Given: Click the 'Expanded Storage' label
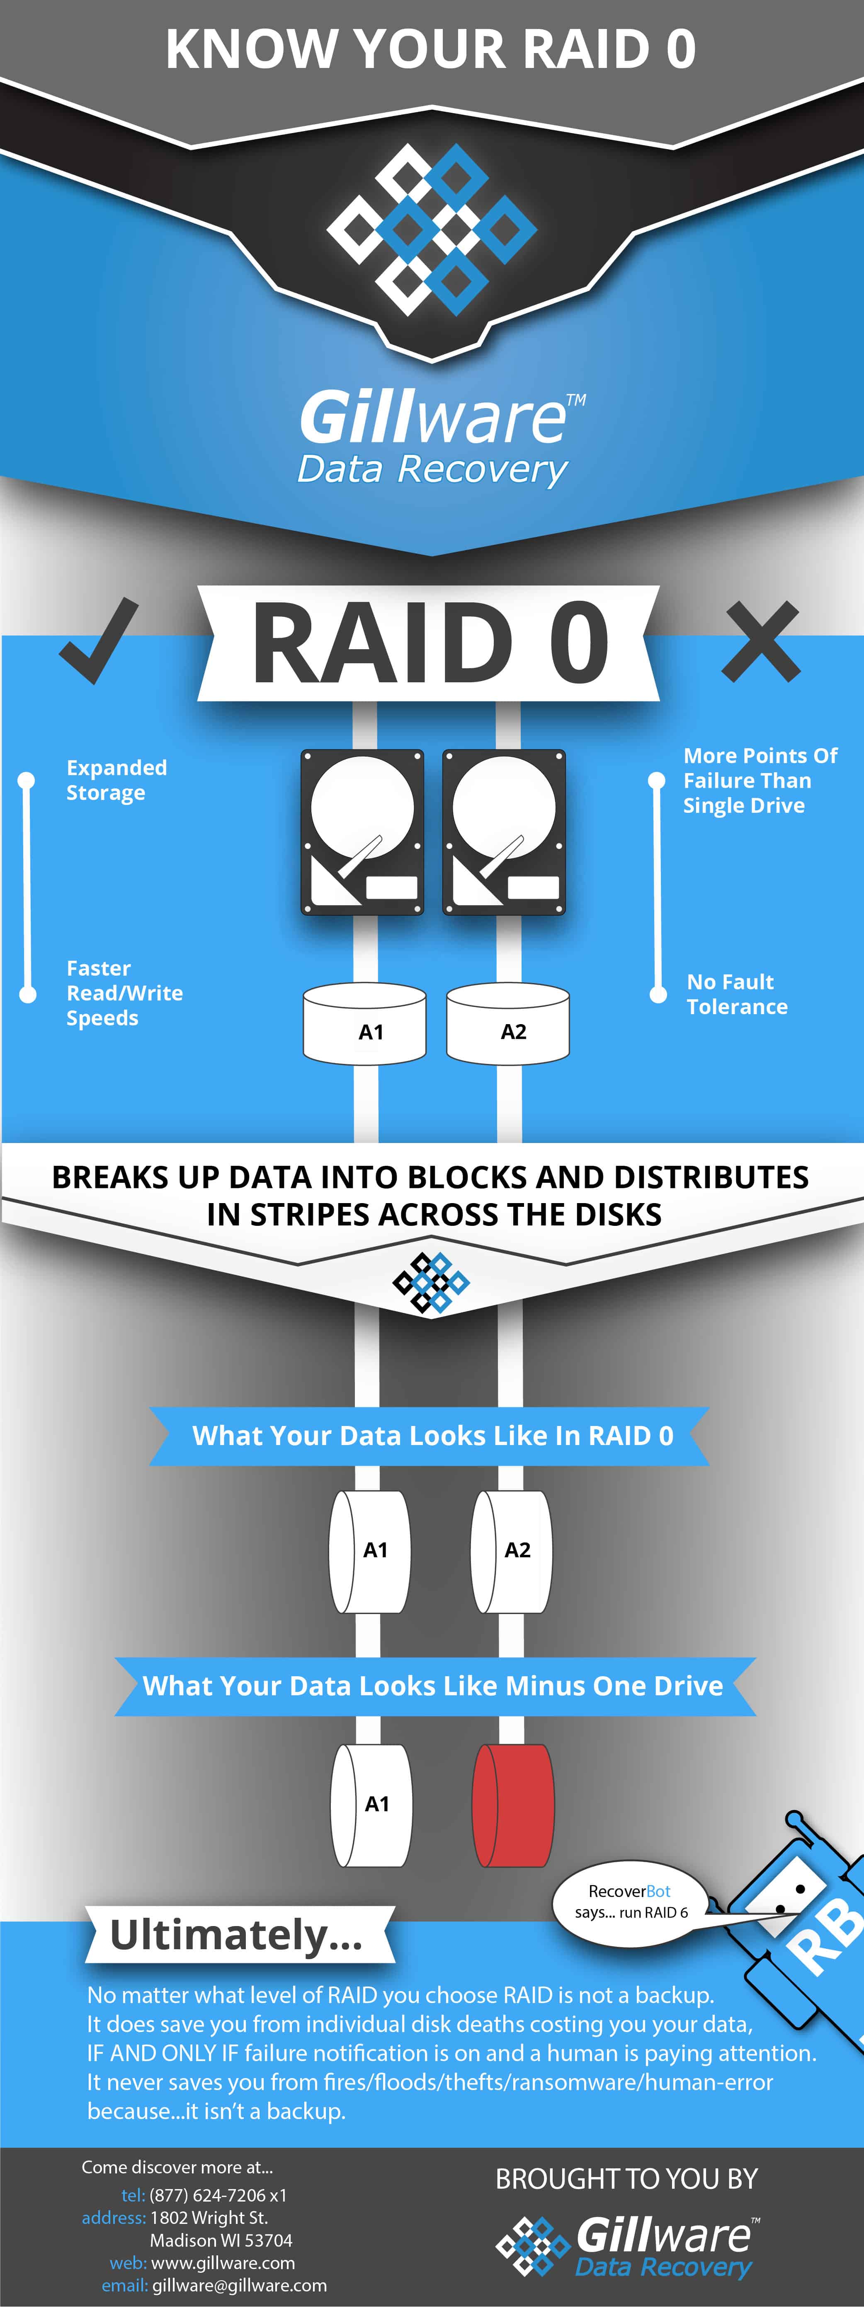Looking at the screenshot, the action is tap(116, 781).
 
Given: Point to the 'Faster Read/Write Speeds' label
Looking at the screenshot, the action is tap(124, 993).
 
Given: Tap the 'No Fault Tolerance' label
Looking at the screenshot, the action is tap(737, 995).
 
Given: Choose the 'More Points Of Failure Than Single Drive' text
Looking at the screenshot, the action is tap(760, 781).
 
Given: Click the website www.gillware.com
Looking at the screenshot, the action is tap(223, 2263).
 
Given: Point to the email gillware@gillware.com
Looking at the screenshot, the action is tap(239, 2286).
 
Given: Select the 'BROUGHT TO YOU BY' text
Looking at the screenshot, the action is tap(626, 2179).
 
